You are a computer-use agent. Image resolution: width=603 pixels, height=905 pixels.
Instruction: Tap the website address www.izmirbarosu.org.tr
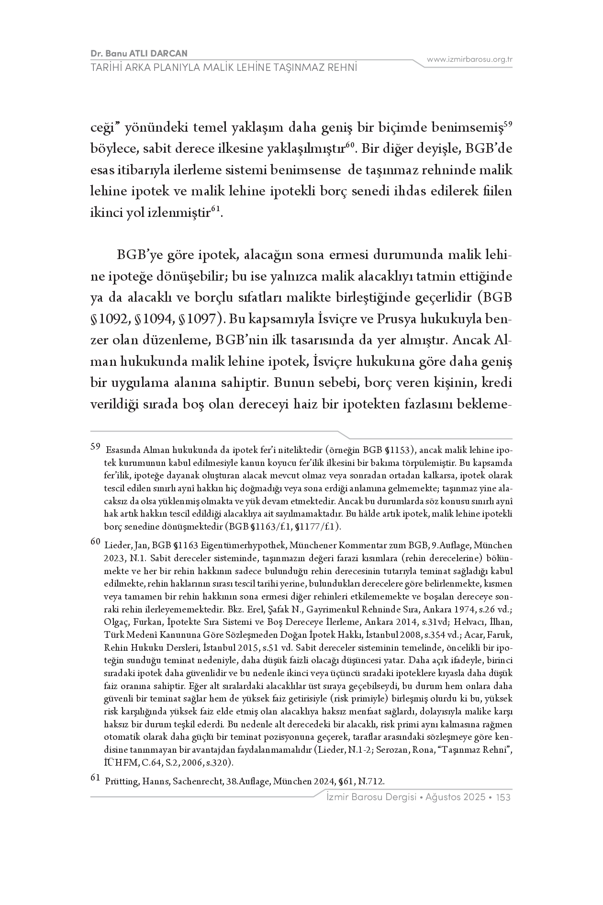point(469,59)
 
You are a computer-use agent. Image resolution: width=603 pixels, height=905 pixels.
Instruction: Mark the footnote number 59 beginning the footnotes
point(95,447)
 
